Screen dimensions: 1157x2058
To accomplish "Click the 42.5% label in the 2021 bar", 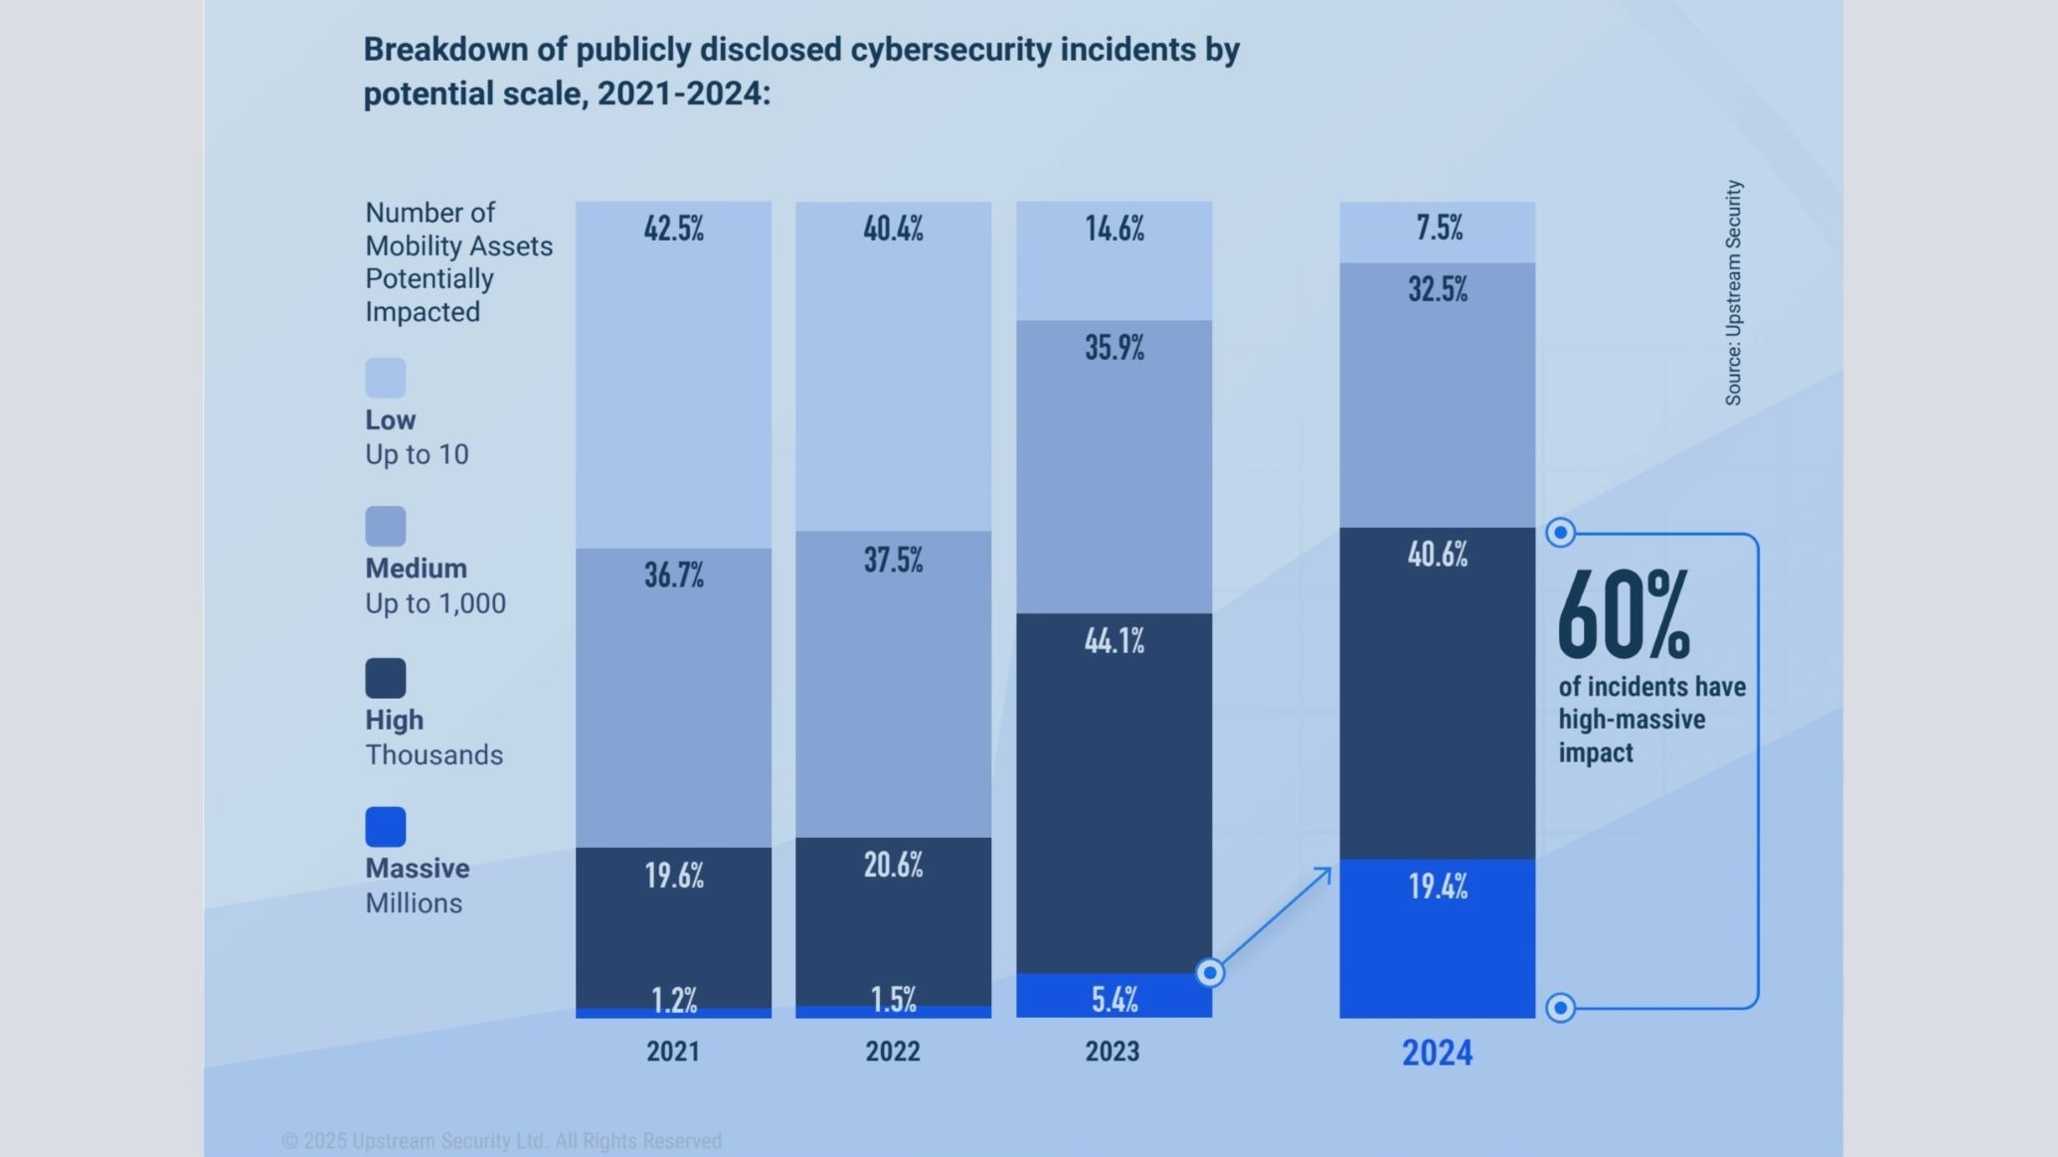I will click(x=673, y=229).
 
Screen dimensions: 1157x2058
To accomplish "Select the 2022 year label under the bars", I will click(x=892, y=1052).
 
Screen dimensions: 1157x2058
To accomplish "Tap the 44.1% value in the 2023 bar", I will click(x=1114, y=641).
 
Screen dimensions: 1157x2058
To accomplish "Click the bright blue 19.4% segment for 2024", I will click(x=1437, y=939).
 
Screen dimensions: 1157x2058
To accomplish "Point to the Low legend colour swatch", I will click(x=386, y=378).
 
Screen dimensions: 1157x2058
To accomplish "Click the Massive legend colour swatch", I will click(x=386, y=827).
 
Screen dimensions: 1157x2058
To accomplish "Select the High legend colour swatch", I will click(x=386, y=678).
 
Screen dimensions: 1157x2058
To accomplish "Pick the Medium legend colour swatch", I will click(x=386, y=527).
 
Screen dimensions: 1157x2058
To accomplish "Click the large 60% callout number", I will click(x=1623, y=616).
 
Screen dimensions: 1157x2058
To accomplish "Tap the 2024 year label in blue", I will click(x=1437, y=1053).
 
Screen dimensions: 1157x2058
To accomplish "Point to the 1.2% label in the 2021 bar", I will click(x=673, y=1000).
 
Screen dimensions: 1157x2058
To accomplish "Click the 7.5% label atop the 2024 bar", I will click(x=1439, y=229).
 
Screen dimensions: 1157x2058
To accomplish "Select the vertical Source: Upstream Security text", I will click(x=1733, y=292).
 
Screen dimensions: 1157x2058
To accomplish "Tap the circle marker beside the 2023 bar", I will click(x=1210, y=972).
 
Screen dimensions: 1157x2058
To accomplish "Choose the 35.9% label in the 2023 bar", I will click(x=1114, y=348).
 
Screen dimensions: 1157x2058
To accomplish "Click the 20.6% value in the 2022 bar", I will click(x=892, y=866).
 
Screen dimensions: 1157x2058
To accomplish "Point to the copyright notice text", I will click(x=502, y=1141).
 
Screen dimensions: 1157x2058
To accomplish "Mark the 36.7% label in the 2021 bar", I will click(x=673, y=576).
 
